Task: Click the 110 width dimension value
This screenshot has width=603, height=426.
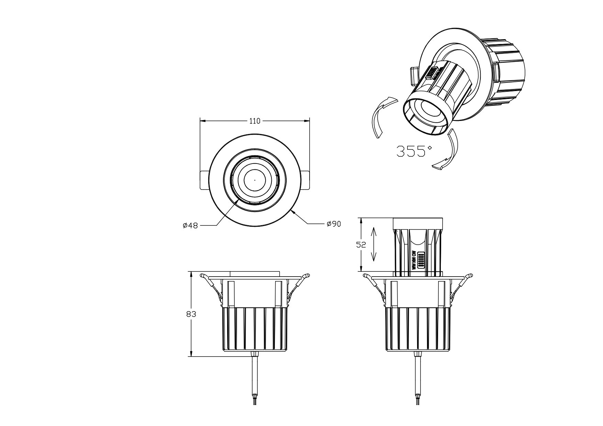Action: tap(255, 121)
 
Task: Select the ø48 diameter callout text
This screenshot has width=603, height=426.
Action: tap(190, 226)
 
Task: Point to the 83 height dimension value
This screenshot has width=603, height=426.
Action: tap(191, 314)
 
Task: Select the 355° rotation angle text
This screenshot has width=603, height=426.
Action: tap(414, 151)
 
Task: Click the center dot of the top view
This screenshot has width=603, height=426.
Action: tap(255, 180)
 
